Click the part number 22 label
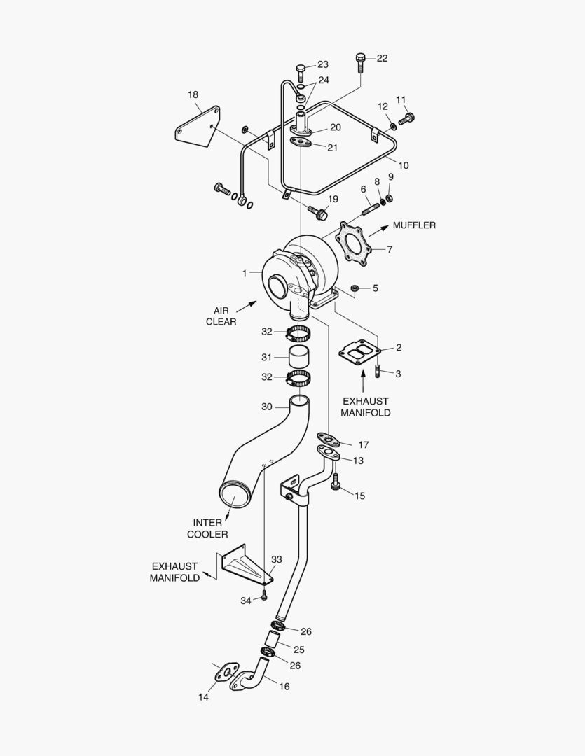[x=382, y=58]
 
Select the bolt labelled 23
[x=301, y=71]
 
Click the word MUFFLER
[x=414, y=225]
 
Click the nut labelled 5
[x=355, y=288]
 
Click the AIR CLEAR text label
[x=221, y=316]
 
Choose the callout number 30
[x=266, y=407]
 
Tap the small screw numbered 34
[x=264, y=596]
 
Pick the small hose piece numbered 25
[x=273, y=640]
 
